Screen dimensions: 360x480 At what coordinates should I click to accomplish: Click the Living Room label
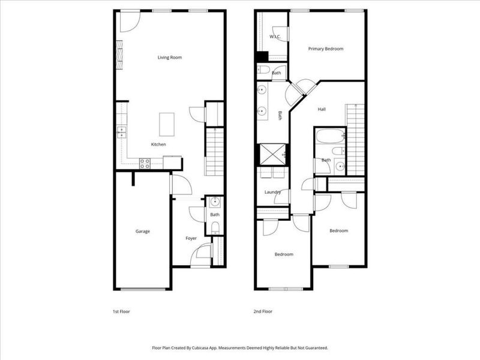(x=170, y=58)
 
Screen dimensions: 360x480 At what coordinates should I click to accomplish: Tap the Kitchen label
(x=158, y=145)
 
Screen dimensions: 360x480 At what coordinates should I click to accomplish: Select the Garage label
(x=142, y=232)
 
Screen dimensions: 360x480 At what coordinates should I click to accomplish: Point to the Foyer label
(x=191, y=238)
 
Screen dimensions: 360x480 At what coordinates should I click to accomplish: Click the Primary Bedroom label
(x=326, y=49)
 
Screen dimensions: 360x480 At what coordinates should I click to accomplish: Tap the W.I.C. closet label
(x=275, y=37)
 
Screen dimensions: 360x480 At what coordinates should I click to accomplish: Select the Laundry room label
(x=273, y=192)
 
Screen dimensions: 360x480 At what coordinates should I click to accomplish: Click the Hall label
(x=322, y=109)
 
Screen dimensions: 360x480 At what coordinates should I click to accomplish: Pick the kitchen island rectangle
(x=167, y=125)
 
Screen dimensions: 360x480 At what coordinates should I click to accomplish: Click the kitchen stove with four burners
(x=145, y=162)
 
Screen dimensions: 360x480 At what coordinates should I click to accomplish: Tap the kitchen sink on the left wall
(x=122, y=131)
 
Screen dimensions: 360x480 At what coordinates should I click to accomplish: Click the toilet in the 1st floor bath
(x=215, y=227)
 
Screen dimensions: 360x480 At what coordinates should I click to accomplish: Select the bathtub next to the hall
(x=329, y=136)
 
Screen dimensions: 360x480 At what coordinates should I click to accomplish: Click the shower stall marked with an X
(x=272, y=155)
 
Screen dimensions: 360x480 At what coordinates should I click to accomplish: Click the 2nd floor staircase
(x=356, y=139)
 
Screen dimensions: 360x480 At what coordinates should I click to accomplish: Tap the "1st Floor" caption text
(x=121, y=312)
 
